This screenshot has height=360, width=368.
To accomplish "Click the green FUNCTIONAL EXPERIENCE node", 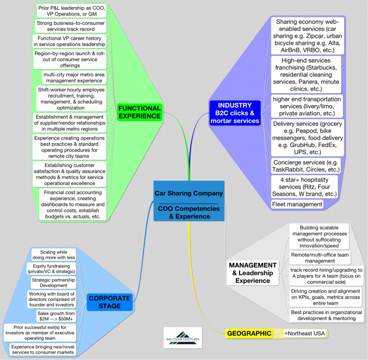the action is tap(140, 112).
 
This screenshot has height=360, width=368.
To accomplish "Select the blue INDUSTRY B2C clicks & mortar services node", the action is tap(235, 113).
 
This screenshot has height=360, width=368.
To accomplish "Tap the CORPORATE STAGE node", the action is tap(110, 302).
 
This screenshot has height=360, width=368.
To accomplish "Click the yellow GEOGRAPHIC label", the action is tap(249, 333).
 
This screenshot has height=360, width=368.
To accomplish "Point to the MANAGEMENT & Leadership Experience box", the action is tap(253, 273).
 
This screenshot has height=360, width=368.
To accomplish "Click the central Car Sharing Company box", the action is tap(189, 201).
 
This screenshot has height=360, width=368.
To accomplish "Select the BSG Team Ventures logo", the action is tap(183, 338).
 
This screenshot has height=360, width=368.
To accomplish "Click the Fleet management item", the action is tap(297, 204).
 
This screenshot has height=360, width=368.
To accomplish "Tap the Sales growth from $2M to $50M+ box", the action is tap(56, 316).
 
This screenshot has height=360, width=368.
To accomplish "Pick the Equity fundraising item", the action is tap(51, 269).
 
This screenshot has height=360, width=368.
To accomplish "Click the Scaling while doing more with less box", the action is tap(54, 255).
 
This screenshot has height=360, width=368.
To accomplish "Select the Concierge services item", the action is tap(306, 166).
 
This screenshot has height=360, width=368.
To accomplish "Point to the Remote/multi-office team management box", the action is tap(320, 258).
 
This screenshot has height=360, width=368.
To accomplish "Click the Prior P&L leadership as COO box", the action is tap(71, 11).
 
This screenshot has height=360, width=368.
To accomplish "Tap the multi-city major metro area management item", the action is tap(74, 78).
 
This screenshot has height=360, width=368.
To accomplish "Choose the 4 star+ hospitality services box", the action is tap(304, 187).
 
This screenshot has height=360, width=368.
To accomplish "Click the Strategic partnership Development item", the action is tap(53, 283).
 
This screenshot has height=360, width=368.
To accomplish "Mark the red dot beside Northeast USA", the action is tap(286, 334).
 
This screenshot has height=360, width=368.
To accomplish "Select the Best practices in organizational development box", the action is tap(327, 315).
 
